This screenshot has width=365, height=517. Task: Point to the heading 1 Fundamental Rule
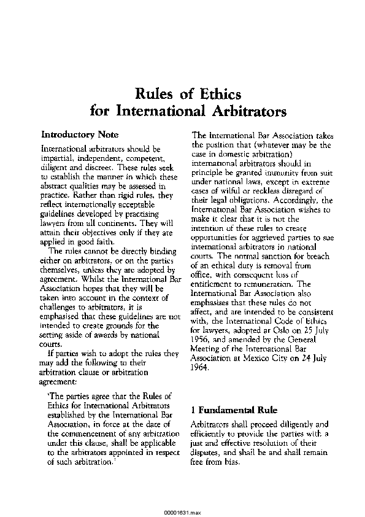pyautogui.click(x=234, y=409)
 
